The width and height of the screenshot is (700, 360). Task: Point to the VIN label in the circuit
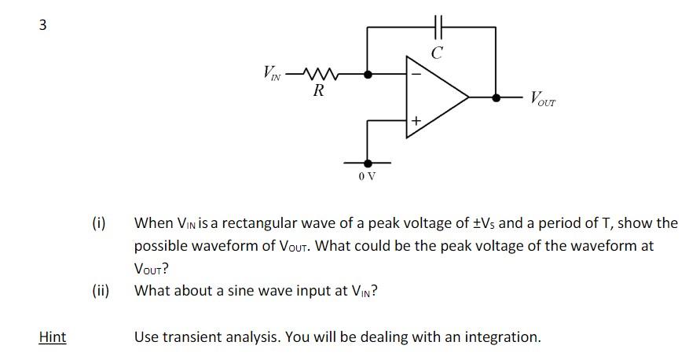coord(271,74)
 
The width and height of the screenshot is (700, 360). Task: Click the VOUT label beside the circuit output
coord(542,99)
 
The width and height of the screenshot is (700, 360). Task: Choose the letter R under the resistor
coord(318,91)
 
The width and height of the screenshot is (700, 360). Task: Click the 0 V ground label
coord(367,175)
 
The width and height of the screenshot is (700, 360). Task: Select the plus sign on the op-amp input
coord(416,120)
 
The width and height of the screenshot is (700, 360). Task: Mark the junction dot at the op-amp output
coord(496,97)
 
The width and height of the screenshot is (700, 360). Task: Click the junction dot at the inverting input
coord(367,74)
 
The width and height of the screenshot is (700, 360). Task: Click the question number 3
coord(42,25)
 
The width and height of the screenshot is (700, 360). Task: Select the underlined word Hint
coord(53,337)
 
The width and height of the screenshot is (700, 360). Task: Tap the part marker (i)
coord(99,222)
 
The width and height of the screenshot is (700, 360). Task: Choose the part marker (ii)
coord(100,291)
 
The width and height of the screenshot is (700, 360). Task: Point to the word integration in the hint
coord(500,337)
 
